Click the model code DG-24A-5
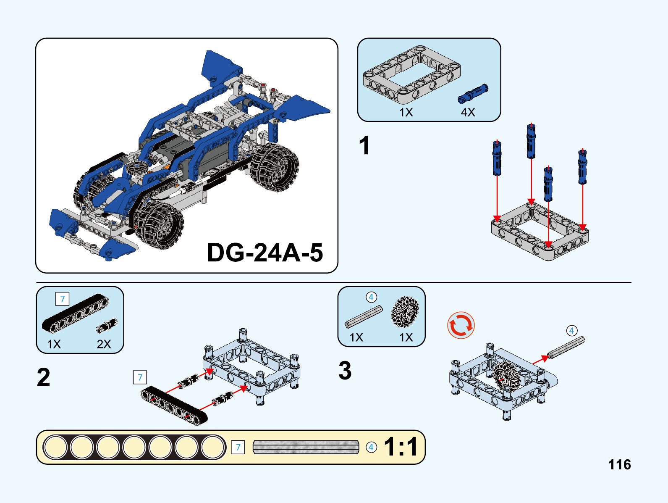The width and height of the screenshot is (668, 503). [265, 253]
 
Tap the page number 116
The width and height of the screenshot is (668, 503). [620, 465]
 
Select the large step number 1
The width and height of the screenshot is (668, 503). [364, 145]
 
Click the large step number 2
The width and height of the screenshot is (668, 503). [44, 377]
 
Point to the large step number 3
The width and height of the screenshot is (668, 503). [345, 371]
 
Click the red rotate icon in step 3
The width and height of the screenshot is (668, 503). [461, 325]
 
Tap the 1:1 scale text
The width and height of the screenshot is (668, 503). [401, 447]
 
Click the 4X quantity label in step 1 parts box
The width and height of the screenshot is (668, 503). [468, 112]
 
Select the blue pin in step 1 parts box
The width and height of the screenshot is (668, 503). [473, 93]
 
